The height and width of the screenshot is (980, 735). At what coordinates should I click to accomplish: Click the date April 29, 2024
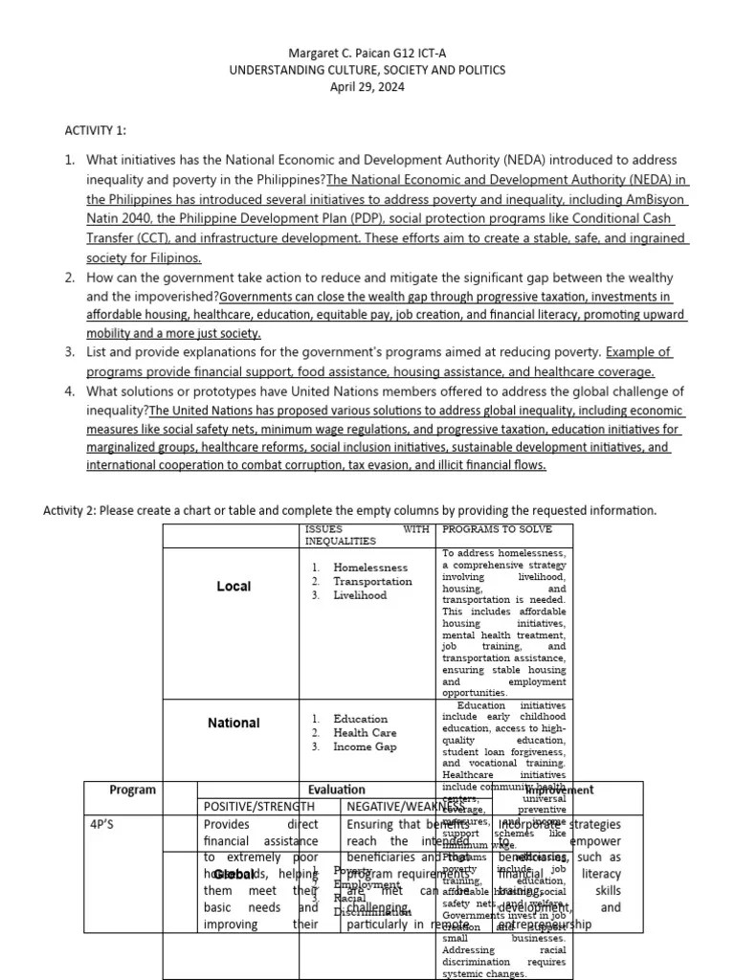pos(367,87)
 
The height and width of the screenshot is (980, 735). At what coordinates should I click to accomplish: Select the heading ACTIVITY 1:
pos(95,130)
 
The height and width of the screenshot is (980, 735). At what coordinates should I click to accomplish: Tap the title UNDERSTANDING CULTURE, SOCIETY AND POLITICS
pos(367,70)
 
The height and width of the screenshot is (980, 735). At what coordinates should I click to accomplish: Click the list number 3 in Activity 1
pos(70,352)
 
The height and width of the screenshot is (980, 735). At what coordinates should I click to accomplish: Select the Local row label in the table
pos(234,587)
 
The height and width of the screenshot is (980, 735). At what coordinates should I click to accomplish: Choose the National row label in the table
pos(234,724)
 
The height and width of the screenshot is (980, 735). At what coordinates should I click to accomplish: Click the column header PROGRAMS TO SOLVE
pos(495,529)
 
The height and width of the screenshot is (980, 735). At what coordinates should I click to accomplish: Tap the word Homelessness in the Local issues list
pos(370,568)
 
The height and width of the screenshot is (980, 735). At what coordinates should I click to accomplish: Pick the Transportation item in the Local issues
pos(372,581)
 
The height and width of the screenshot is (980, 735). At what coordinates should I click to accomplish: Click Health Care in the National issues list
pos(365,733)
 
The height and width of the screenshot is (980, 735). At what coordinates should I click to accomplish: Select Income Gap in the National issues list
pos(365,746)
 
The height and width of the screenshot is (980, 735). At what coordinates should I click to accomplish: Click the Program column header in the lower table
pos(133,790)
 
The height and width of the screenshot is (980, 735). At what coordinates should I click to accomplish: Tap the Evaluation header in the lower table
pos(337,790)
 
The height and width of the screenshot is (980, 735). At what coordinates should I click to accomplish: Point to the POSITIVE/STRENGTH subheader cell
pos(259,808)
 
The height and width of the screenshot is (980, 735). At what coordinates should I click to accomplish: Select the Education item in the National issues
pos(361,719)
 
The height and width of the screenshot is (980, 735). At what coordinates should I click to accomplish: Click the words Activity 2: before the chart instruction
pos(69,510)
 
